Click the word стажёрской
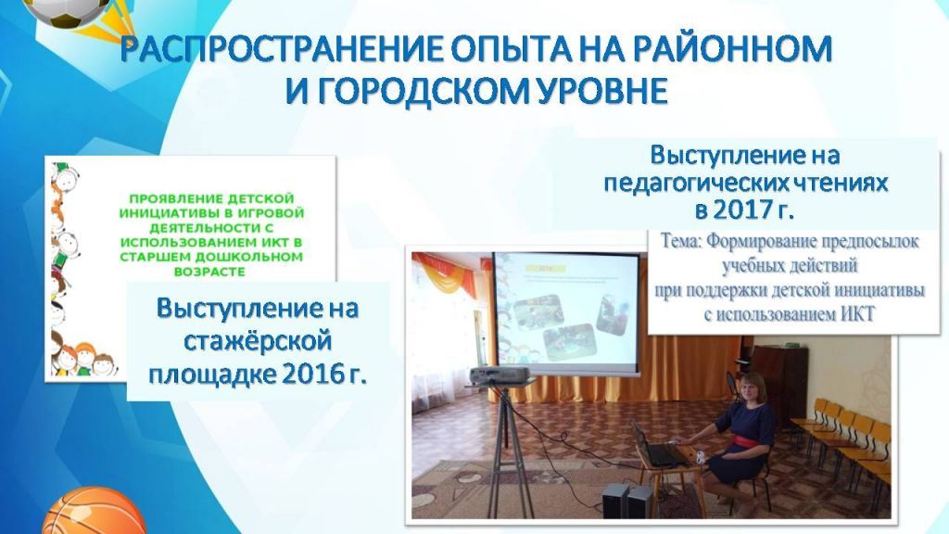(x=259, y=341)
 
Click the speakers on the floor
(x=627, y=501)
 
